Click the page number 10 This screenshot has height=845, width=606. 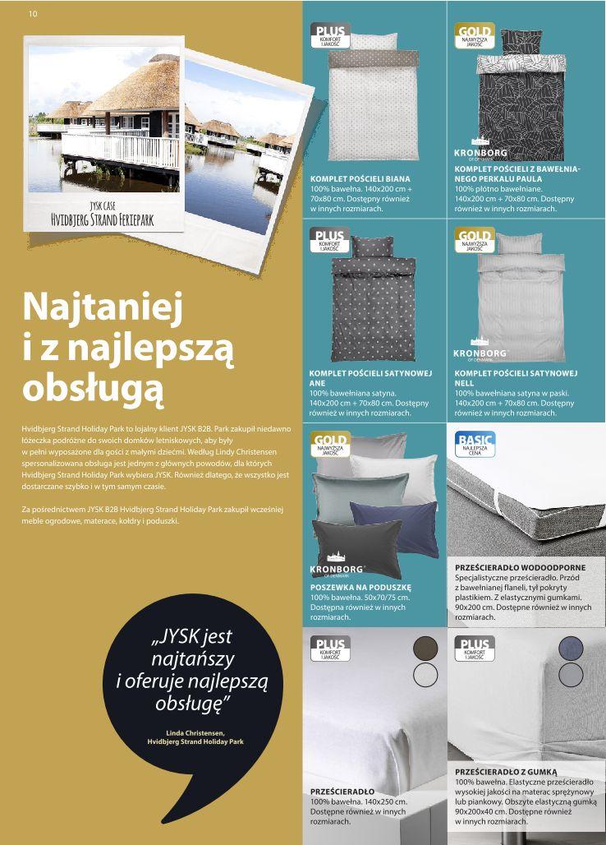pyautogui.click(x=33, y=14)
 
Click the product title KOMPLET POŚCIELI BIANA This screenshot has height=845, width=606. pyautogui.click(x=360, y=178)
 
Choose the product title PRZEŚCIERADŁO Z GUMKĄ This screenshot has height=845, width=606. pyautogui.click(x=506, y=772)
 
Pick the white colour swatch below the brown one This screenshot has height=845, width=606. pyautogui.click(x=425, y=675)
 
